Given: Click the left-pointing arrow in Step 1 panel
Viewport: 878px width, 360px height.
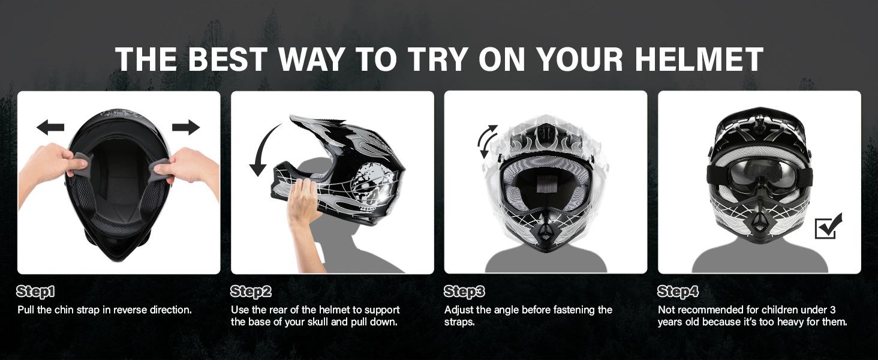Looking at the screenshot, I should [50, 127].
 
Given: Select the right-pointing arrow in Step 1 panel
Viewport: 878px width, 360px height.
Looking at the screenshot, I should [186, 127].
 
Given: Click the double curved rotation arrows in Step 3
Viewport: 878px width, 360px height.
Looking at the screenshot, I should [488, 142].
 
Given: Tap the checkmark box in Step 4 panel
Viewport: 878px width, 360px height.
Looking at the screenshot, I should [828, 226].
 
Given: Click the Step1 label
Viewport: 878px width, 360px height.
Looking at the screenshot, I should [35, 292].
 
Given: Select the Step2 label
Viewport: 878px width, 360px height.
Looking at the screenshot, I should [251, 292].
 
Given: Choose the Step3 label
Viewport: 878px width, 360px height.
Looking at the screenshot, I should [464, 292].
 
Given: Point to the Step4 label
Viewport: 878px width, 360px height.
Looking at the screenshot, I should [678, 292].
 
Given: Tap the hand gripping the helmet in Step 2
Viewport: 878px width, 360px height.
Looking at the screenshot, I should [303, 204].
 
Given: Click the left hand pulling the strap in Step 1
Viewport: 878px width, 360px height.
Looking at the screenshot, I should [51, 165].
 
